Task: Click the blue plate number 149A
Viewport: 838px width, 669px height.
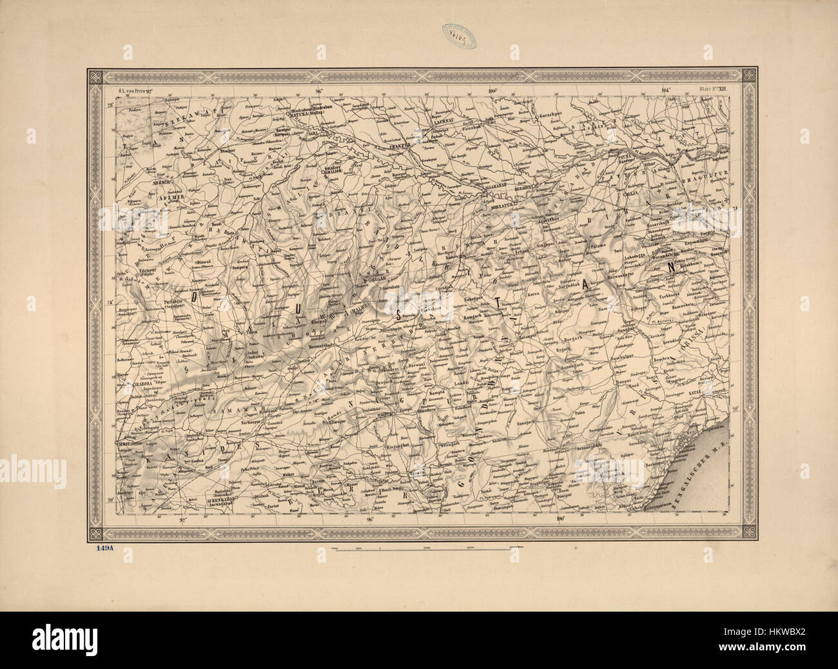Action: (x=102, y=550)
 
